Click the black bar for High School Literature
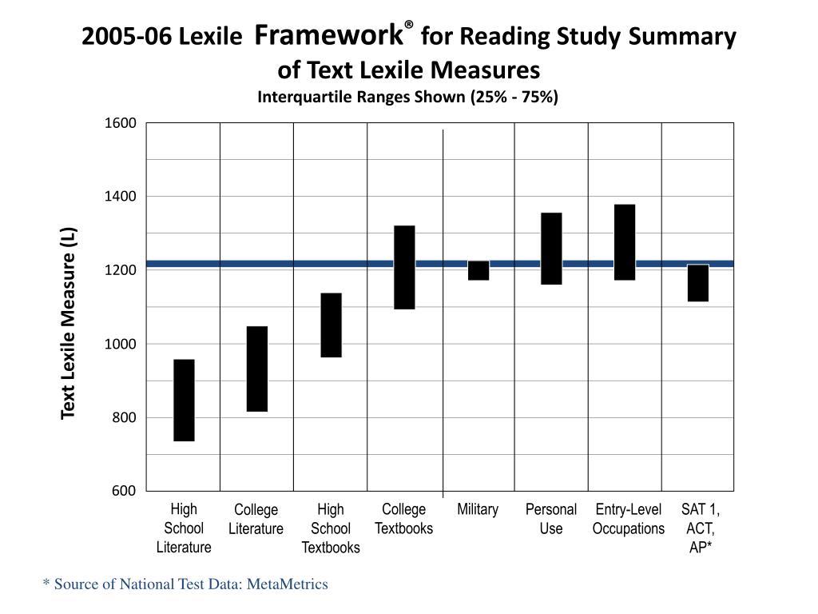pyautogui.click(x=184, y=400)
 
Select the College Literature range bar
pyautogui.click(x=257, y=369)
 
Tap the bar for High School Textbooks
pyautogui.click(x=331, y=325)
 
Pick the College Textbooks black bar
pyautogui.click(x=404, y=267)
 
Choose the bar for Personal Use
pyautogui.click(x=551, y=248)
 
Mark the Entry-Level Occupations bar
pyautogui.click(x=625, y=242)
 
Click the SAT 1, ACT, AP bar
pyautogui.click(x=698, y=283)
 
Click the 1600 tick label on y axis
pyautogui.click(x=121, y=123)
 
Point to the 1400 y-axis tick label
pyautogui.click(x=121, y=197)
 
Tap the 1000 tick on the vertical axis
pyautogui.click(x=121, y=344)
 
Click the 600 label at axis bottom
pyautogui.click(x=124, y=491)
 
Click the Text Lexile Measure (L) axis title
pyautogui.click(x=69, y=322)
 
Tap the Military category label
pyautogui.click(x=478, y=510)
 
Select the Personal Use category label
pyautogui.click(x=551, y=519)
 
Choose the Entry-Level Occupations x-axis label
pyautogui.click(x=629, y=519)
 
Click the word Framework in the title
pyautogui.click(x=328, y=34)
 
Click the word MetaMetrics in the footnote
pyautogui.click(x=288, y=584)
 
